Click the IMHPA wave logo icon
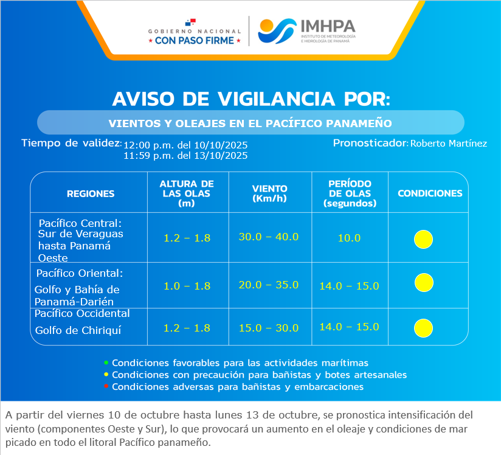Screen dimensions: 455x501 [x=277, y=30]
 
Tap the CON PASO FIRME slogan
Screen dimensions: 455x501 [x=198, y=41]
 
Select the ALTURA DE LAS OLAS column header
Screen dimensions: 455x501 [x=187, y=193]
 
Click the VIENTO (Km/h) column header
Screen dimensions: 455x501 [x=269, y=193]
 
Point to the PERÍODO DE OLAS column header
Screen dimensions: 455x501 [x=350, y=193]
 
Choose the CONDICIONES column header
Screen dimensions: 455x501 [x=430, y=193]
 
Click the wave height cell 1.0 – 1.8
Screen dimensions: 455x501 [x=187, y=285]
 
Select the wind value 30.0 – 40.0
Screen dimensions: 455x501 [x=268, y=237]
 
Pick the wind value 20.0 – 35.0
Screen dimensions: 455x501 [x=268, y=285]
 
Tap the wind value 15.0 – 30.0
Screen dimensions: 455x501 [x=268, y=328]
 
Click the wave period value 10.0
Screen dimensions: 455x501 [x=349, y=238]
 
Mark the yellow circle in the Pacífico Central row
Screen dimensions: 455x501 [x=423, y=239]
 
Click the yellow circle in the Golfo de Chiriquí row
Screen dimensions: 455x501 [x=423, y=328]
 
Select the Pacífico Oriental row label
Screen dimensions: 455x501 [x=79, y=273]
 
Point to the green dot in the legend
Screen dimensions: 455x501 [x=106, y=363]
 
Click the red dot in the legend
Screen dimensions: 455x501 [x=106, y=386]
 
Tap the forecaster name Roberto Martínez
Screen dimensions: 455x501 [x=449, y=144]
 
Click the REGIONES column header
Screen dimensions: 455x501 [x=91, y=194]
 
